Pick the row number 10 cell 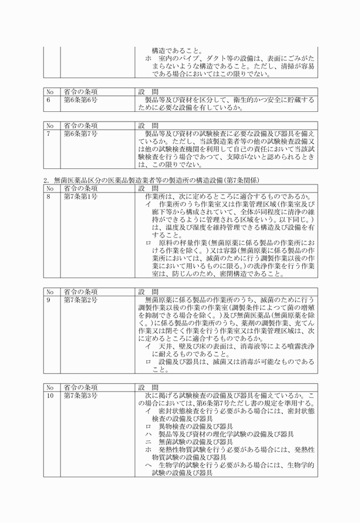coord(50,395)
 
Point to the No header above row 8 coord(50,188)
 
